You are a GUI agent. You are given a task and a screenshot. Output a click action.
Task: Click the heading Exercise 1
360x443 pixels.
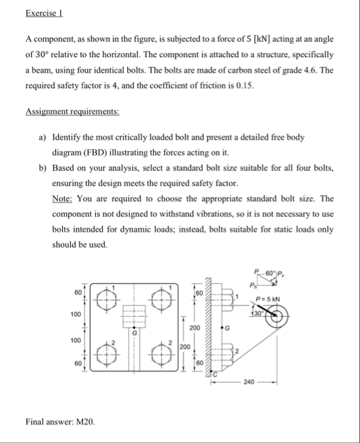pyautogui.click(x=47, y=13)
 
